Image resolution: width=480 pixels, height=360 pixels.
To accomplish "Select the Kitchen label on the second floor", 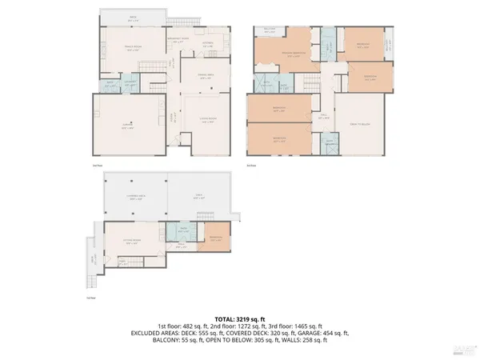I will pyautogui.click(x=207, y=46).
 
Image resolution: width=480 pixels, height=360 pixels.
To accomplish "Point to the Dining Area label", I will pyautogui.click(x=206, y=77).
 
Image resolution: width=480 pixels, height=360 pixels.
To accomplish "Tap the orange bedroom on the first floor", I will pyautogui.click(x=216, y=238).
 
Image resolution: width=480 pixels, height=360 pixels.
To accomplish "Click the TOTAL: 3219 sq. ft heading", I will pyautogui.click(x=239, y=319).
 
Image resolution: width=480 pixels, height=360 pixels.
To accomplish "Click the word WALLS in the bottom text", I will pyautogui.click(x=297, y=340).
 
